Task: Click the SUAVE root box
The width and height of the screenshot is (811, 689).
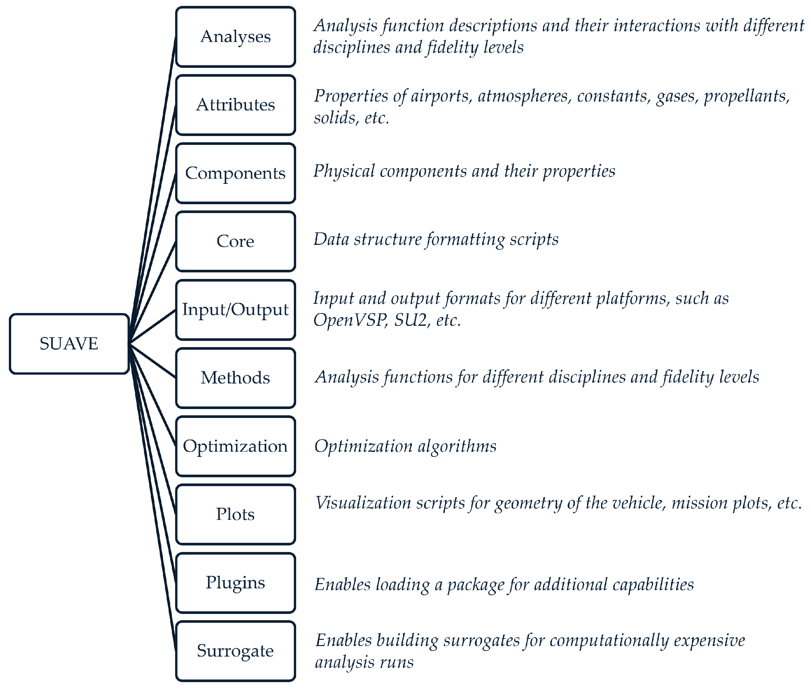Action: click(x=69, y=344)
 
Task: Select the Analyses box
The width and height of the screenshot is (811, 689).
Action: click(x=235, y=37)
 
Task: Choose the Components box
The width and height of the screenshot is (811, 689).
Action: click(x=235, y=173)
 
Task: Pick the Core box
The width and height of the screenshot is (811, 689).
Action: click(x=235, y=241)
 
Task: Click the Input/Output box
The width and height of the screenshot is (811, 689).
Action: click(x=235, y=310)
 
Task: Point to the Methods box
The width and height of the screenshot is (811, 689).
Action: click(x=235, y=378)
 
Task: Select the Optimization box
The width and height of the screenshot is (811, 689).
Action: click(x=235, y=446)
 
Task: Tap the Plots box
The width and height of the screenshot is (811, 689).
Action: click(x=235, y=514)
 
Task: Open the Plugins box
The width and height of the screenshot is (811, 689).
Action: click(x=235, y=583)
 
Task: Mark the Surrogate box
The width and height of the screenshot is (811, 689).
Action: click(x=235, y=651)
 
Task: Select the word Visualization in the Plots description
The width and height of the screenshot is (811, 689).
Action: click(x=363, y=503)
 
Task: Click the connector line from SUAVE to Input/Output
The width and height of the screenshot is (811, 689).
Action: click(x=152, y=327)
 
